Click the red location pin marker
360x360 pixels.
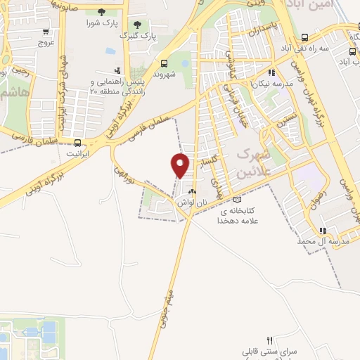tap(181, 165)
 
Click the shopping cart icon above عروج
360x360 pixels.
tap(47, 32)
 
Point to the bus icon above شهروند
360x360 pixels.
tap(164, 62)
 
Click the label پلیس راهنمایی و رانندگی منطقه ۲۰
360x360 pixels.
tap(116, 87)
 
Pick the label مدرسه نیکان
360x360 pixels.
tap(271, 82)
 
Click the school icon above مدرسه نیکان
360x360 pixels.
tap(271, 72)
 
